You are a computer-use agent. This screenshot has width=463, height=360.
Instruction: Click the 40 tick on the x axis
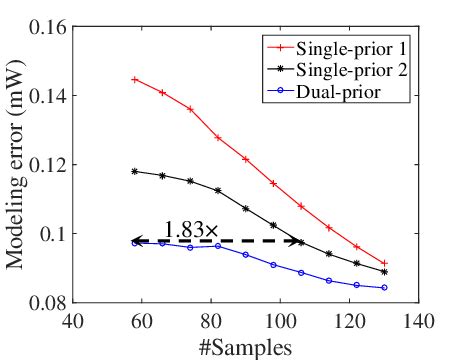(x=71, y=322)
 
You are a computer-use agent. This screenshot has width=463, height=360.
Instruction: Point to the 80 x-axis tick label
(x=210, y=322)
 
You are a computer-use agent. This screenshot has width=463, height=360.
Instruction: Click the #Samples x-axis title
(x=245, y=347)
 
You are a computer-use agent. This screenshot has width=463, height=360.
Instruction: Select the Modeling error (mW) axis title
(x=14, y=165)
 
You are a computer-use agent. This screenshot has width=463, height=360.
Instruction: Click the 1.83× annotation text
(x=190, y=230)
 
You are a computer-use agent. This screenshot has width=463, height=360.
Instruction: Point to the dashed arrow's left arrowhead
(x=137, y=241)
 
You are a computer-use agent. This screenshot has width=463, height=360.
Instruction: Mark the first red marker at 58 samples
(x=134, y=79)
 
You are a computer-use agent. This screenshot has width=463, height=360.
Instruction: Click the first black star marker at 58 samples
(x=134, y=171)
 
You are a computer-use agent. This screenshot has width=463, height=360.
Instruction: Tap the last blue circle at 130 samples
(x=384, y=288)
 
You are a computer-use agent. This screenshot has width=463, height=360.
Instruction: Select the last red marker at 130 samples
(x=384, y=263)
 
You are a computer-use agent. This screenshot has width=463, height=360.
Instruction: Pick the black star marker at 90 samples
(x=245, y=208)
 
